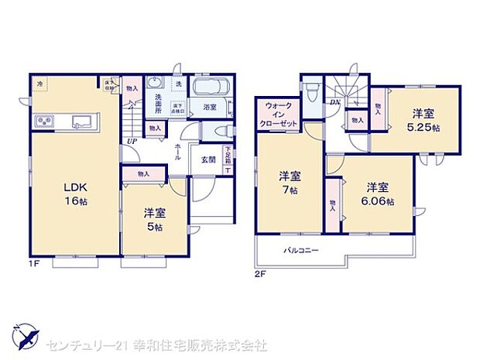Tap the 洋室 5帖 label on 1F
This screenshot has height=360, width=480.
tap(154, 219)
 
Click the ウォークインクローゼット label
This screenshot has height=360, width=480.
tap(278, 115)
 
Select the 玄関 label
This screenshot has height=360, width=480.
tap(208, 159)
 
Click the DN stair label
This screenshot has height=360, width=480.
tap(335, 101)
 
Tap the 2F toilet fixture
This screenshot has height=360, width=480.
tap(310, 93)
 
